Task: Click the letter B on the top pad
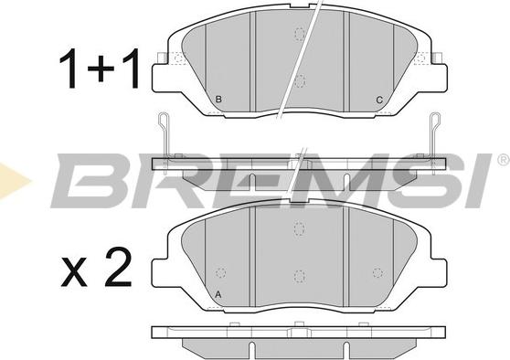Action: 218,100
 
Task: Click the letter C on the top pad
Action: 379,100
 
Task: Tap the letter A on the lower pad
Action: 218,295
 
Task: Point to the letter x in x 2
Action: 74,272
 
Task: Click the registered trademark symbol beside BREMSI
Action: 504,160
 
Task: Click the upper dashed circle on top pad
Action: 299,34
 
